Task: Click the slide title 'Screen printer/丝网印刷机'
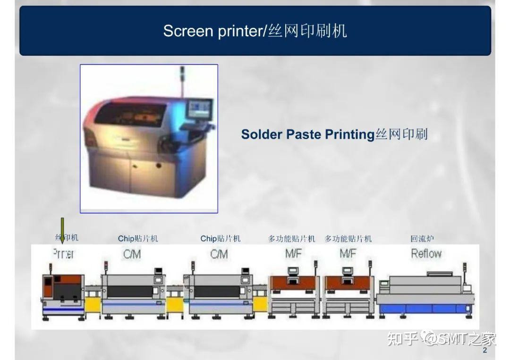(255, 31)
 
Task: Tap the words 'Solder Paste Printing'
(307, 134)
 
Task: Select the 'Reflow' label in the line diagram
(426, 254)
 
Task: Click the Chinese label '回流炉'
(422, 239)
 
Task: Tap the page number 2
(484, 351)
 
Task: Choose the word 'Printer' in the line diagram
(63, 254)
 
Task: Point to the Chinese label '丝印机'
(67, 238)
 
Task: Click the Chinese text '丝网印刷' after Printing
(401, 134)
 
